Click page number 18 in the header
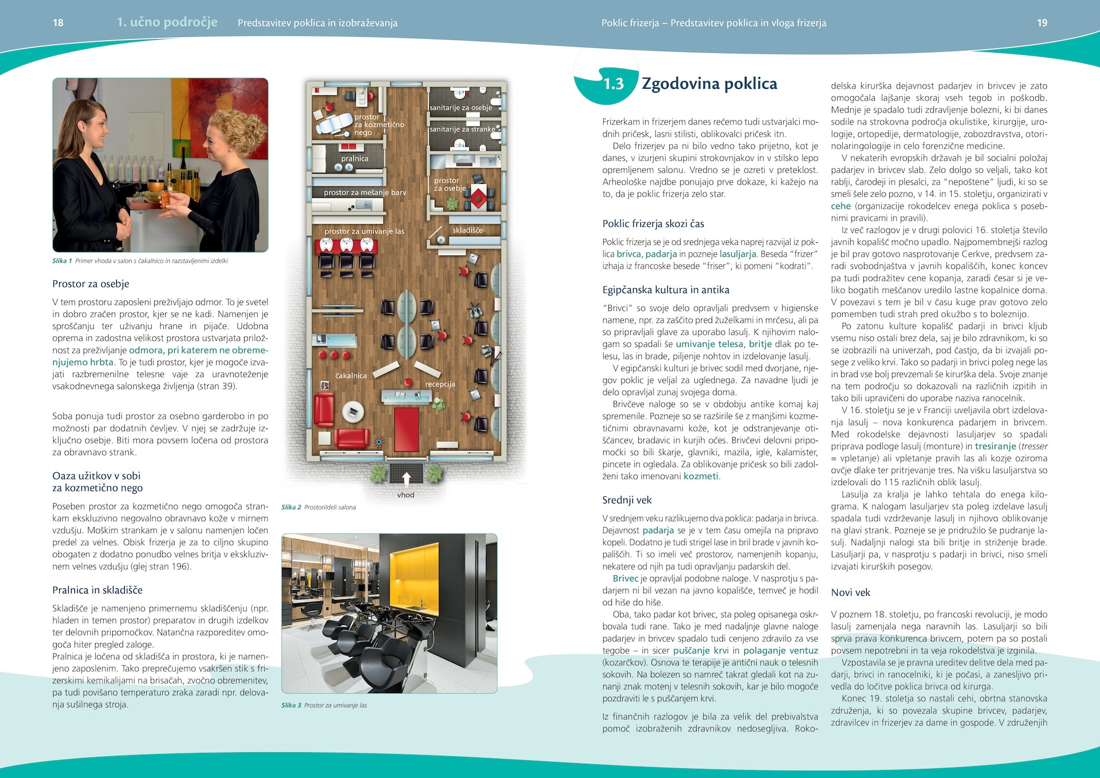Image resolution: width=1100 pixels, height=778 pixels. point(58,23)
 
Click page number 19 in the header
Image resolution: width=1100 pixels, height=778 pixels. point(1042,23)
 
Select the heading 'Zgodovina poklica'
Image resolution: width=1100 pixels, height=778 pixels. point(709,84)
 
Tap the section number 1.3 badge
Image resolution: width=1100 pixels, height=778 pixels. point(613,84)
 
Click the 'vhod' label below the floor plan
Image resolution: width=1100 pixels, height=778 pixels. point(406,495)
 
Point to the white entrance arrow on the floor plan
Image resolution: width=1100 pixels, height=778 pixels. point(406,478)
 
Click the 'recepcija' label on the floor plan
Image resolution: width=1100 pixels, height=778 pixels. point(440,384)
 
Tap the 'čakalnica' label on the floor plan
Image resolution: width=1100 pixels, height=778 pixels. point(351,376)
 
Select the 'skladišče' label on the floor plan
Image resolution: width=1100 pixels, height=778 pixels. point(467,230)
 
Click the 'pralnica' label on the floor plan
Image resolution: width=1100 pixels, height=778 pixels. point(355,159)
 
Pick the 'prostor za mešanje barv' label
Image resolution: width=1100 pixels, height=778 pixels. point(364,192)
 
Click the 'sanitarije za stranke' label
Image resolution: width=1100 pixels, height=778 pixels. point(462,129)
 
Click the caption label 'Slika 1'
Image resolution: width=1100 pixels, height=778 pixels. point(62,261)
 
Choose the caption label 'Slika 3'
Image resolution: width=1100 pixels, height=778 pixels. point(291,705)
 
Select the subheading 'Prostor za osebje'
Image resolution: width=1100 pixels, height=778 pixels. point(91,284)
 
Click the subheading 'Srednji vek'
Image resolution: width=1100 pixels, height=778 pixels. point(627,500)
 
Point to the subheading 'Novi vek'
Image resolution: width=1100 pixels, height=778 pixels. point(850,592)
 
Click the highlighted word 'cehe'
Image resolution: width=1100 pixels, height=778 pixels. point(840,206)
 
